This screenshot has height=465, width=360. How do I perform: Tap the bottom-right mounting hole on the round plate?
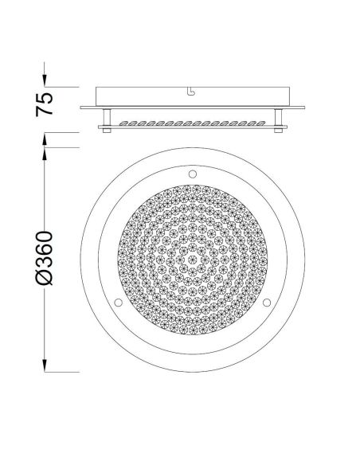click(x=266, y=301)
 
